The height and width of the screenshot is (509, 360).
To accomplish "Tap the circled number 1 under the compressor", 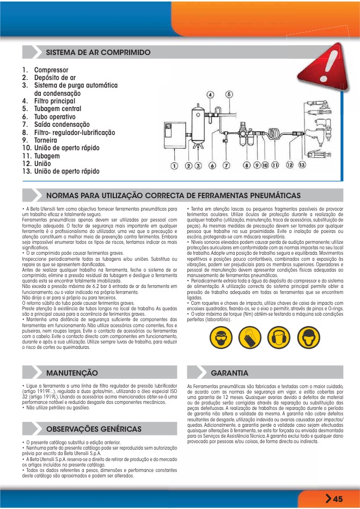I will [174, 165].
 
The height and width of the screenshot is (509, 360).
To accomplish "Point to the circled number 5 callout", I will [229, 95].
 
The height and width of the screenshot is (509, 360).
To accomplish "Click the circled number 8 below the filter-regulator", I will [247, 164].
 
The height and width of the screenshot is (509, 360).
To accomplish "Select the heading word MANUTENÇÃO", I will [72, 373].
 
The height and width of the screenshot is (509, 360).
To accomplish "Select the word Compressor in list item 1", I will [51, 70].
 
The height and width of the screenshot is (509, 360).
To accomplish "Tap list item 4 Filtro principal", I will [54, 101].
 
